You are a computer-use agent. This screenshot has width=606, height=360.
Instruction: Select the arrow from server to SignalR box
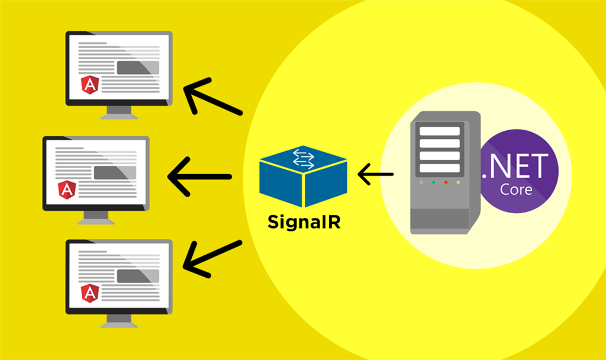pyautogui.click(x=376, y=175)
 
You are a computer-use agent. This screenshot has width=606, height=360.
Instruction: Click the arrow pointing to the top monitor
pyautogui.click(x=212, y=97)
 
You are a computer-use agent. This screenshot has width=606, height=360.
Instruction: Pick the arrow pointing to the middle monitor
pyautogui.click(x=199, y=176)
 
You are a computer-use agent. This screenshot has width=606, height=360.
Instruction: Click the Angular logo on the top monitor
pyautogui.click(x=89, y=86)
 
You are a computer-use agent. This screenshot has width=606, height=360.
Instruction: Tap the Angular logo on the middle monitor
pyautogui.click(x=67, y=190)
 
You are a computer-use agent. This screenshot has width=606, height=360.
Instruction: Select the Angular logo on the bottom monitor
pyautogui.click(x=89, y=293)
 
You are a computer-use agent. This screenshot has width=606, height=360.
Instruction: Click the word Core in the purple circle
pyautogui.click(x=516, y=190)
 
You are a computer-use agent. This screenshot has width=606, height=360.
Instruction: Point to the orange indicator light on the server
pyautogui.click(x=457, y=182)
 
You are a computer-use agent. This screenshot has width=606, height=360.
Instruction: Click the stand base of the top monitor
pyautogui.click(x=119, y=116)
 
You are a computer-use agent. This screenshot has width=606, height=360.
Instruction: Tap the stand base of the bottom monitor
pyautogui.click(x=119, y=324)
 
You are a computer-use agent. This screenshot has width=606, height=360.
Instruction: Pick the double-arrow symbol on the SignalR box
pyautogui.click(x=304, y=157)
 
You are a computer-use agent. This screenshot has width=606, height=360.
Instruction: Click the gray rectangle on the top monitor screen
pyautogui.click(x=137, y=67)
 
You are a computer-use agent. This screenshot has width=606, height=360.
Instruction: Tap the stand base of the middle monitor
pyautogui.click(x=96, y=220)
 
